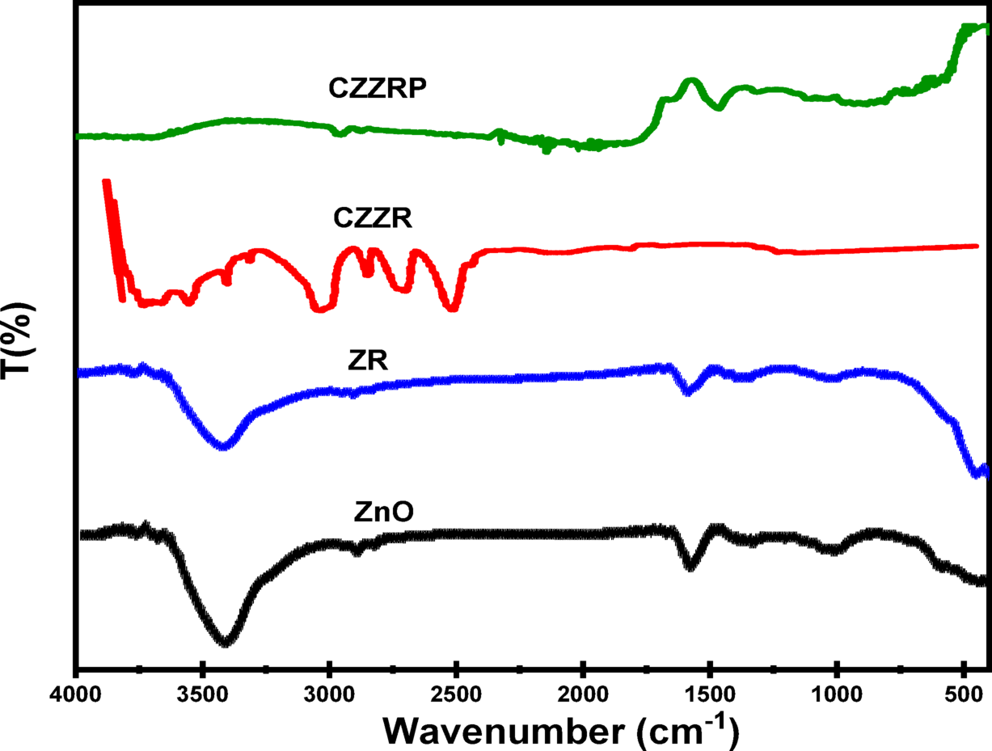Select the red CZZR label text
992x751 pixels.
coord(374,219)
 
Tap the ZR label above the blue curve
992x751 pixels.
coord(370,361)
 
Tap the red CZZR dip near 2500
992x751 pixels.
coord(453,306)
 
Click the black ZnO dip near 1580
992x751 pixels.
coord(690,565)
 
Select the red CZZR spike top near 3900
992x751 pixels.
coord(106,183)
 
